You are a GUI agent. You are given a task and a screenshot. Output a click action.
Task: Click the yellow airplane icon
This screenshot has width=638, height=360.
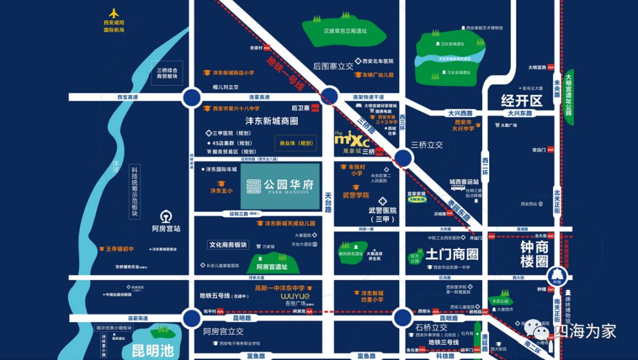click(x=114, y=13)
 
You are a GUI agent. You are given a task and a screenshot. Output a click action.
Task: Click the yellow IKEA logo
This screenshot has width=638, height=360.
click(x=416, y=200)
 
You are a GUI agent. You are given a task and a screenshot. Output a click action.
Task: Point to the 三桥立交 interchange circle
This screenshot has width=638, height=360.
click(x=403, y=158)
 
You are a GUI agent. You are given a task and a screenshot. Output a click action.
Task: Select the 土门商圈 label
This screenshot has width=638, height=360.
click(x=451, y=254)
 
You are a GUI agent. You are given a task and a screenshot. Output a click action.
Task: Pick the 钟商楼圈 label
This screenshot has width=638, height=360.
click(x=534, y=254)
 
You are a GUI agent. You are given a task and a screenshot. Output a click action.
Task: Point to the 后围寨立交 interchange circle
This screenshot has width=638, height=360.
click(x=330, y=97)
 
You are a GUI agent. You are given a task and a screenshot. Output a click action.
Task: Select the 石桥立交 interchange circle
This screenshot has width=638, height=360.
click(x=403, y=318)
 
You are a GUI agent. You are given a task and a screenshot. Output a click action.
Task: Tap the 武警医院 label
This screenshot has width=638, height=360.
click(x=383, y=210)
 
